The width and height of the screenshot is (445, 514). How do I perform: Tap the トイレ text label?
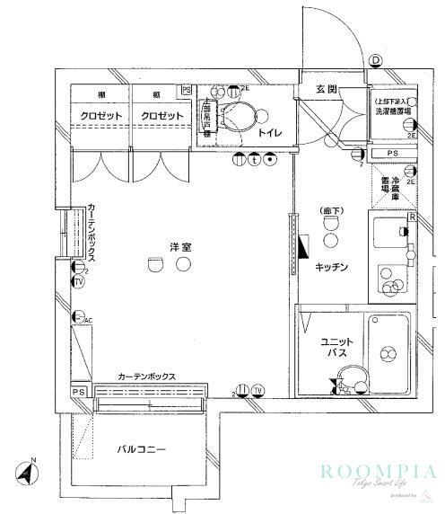pos(270,133)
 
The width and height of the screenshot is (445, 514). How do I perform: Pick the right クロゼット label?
pos(161,117)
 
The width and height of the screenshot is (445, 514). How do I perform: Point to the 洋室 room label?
pos(179,245)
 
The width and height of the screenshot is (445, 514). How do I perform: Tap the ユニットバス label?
pos(337,349)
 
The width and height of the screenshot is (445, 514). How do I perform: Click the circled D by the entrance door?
pos(374,60)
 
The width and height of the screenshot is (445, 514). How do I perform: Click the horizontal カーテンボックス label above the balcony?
pos(145,377)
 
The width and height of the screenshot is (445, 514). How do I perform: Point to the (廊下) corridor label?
pos(332,211)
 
